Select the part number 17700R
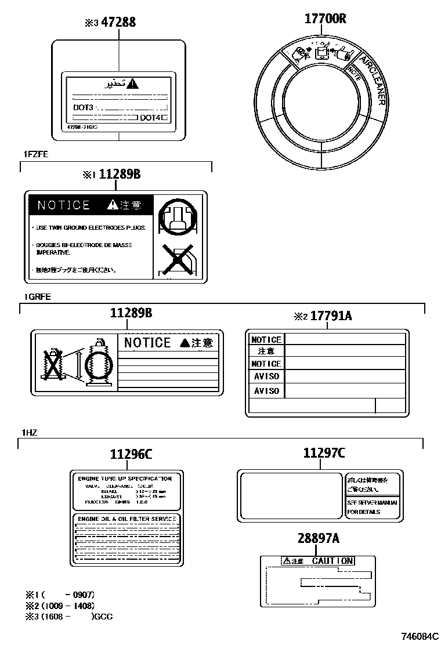(x=325, y=19)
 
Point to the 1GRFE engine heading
(x=37, y=296)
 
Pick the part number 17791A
(x=331, y=316)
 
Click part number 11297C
(x=324, y=453)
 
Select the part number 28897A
(x=318, y=539)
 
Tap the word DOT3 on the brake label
(x=83, y=108)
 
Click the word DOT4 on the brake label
(x=150, y=118)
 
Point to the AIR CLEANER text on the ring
(x=372, y=81)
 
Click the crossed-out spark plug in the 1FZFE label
(x=176, y=260)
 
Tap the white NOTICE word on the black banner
(x=63, y=205)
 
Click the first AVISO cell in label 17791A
(x=266, y=376)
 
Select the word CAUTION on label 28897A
(x=332, y=561)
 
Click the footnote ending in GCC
(x=70, y=617)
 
